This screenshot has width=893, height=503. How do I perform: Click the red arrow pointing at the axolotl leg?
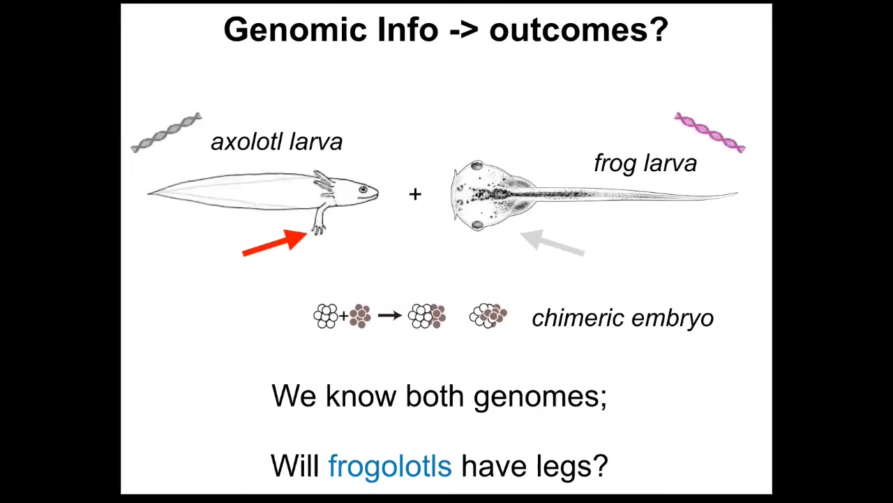coord(275,243)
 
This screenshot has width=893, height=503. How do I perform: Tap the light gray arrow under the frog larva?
coord(552,242)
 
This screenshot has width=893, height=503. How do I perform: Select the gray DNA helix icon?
coord(167,132)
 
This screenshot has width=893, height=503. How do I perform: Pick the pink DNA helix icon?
coord(710,133)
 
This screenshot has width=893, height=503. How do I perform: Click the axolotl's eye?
coord(363,189)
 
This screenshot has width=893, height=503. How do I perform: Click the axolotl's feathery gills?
coord(324,183)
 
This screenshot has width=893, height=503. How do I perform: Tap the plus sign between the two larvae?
coord(415,194)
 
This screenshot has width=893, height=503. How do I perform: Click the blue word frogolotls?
coord(390,465)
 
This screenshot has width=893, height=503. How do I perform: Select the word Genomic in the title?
coord(295,29)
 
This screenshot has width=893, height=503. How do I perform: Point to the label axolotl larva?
coord(277,142)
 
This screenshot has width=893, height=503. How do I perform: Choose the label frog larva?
coord(645,163)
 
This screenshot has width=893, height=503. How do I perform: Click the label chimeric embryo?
coord(623,318)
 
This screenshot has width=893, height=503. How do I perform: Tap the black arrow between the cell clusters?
coord(389,316)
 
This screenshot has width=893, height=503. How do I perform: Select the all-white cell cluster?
coord(326,316)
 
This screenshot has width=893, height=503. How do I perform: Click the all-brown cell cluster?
coord(360,316)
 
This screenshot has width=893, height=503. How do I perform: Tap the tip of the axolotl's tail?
coord(149,194)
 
